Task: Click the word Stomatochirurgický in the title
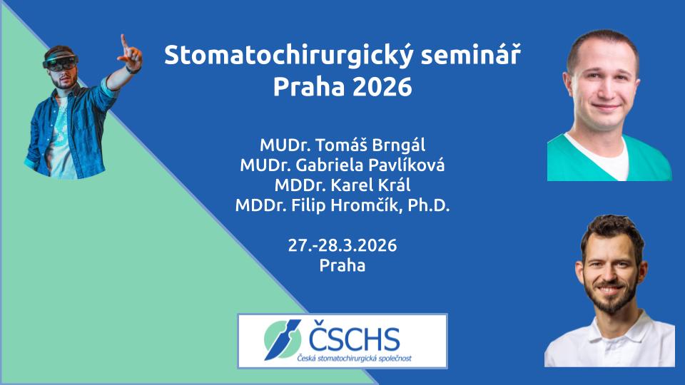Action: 288,56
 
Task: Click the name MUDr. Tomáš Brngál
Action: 342,145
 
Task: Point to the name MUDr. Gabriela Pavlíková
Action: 342,165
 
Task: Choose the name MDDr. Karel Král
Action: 342,185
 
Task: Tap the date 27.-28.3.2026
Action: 342,245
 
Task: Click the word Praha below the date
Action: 342,265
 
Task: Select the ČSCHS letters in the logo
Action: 354,338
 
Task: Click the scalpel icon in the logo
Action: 283,339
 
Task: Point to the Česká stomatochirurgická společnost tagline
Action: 355,359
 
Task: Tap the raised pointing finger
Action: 124,41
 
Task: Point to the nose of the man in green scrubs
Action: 606,91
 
